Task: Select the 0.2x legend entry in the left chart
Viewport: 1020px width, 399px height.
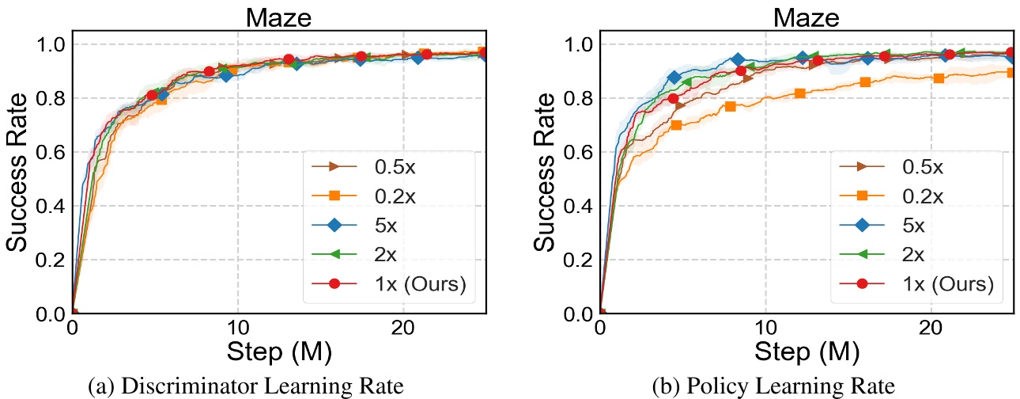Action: click(x=406, y=195)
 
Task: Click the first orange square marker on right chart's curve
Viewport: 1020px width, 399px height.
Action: click(x=676, y=125)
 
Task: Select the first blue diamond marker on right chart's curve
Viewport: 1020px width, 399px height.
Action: click(x=674, y=78)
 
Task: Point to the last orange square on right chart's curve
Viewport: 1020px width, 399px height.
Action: click(x=1011, y=72)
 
